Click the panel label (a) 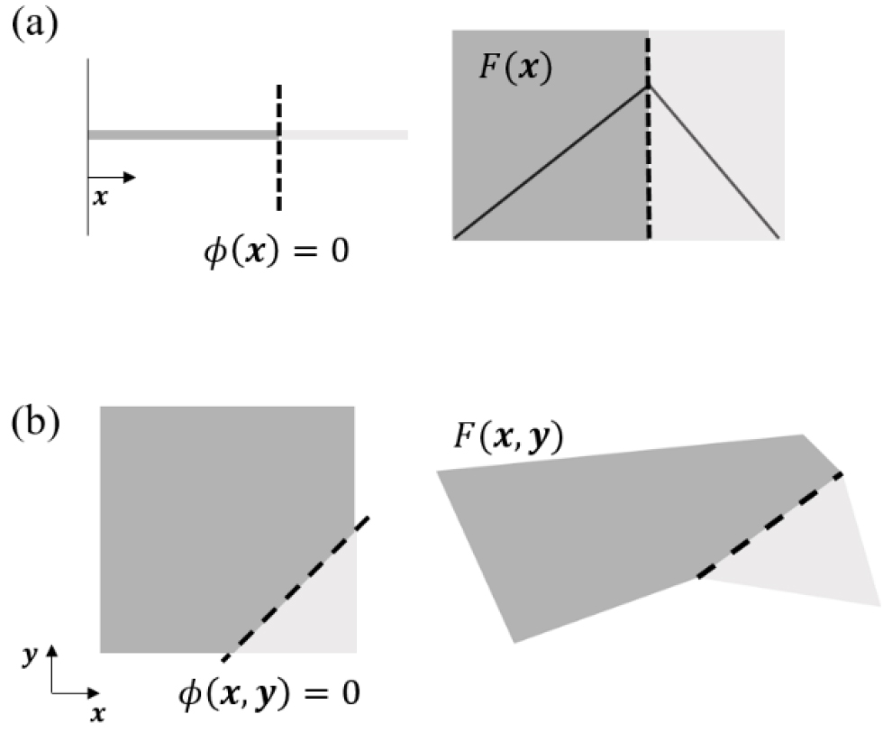click(35, 24)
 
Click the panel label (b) click(36, 424)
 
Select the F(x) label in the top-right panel click(514, 69)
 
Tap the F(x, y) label click(508, 438)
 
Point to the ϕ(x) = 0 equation click(277, 251)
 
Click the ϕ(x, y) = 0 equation click(269, 694)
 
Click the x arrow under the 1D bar click(112, 178)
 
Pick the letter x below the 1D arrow click(100, 197)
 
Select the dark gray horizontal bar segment click(183, 135)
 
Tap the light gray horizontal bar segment click(344, 135)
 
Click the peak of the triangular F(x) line click(648, 87)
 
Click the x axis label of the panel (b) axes click(98, 713)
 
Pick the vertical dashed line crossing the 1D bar click(278, 148)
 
